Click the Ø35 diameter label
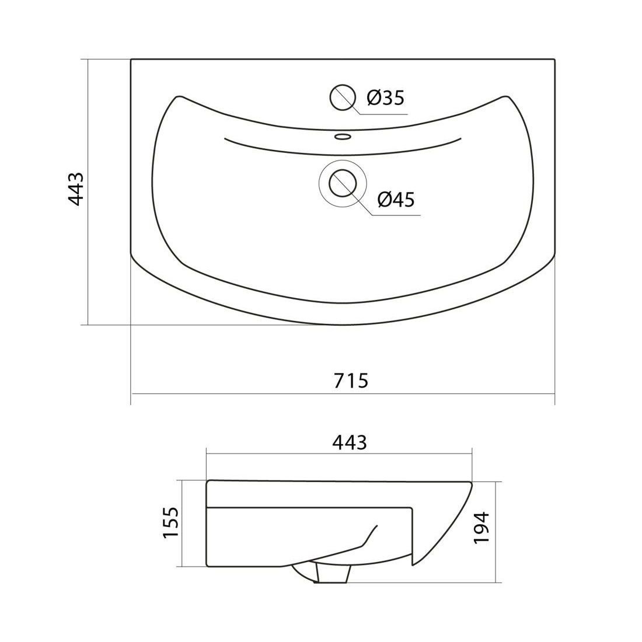coord(385,98)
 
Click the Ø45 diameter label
coord(396,200)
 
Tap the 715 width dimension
coord(351,381)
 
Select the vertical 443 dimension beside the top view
coord(75,189)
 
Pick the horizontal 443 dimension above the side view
coord(350,442)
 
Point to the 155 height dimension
coord(171,523)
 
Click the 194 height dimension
coord(481,528)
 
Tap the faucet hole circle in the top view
coord(341,97)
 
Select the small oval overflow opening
coord(343,136)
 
